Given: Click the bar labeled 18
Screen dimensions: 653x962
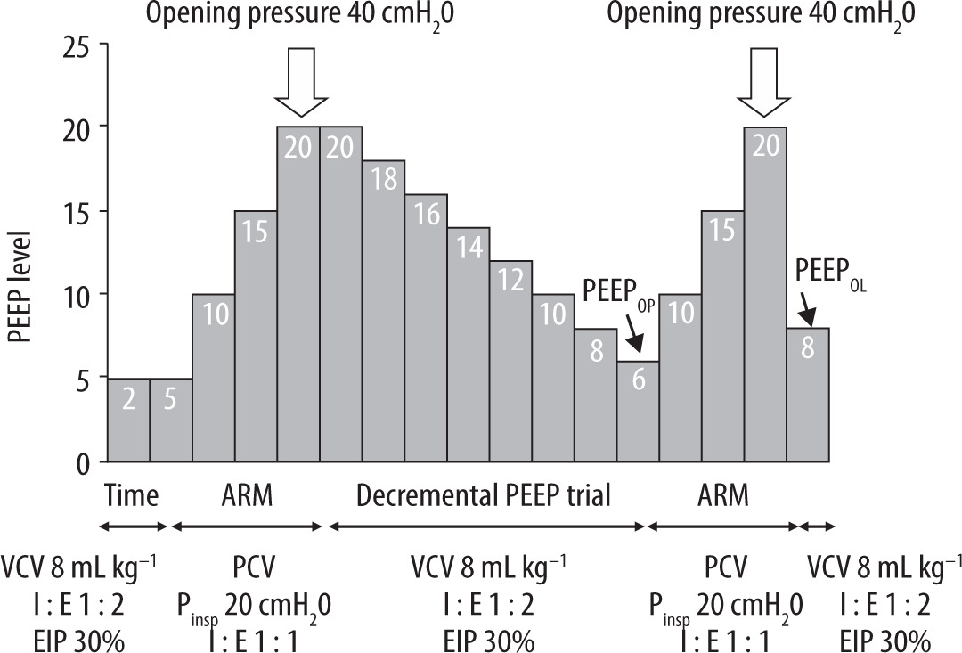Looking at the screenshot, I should point(383,312).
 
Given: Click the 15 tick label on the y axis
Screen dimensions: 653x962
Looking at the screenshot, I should point(77,211).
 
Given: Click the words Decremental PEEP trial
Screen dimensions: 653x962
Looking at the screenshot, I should point(484,495).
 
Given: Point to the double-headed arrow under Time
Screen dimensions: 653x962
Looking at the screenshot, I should point(129,526).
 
